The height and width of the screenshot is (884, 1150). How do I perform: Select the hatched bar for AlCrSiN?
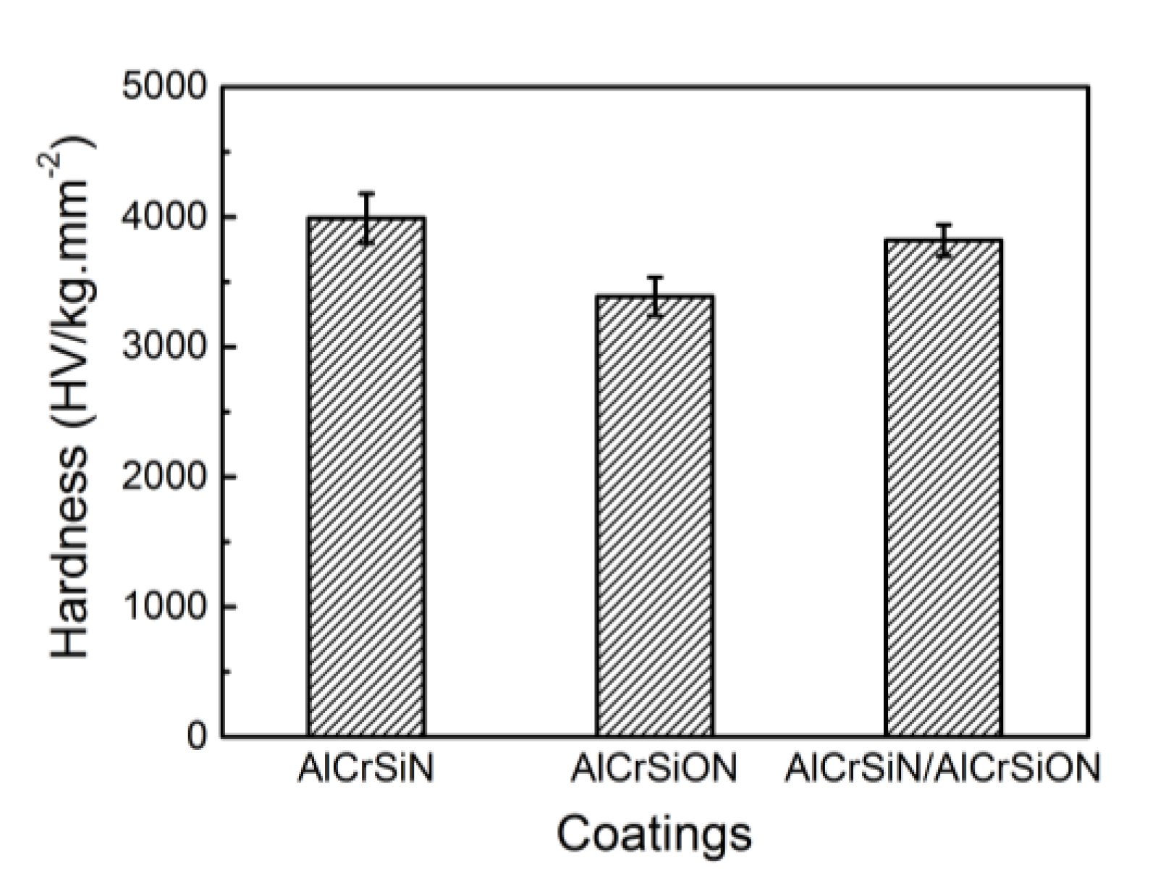366,478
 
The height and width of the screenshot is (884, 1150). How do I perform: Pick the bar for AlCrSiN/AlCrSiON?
943,489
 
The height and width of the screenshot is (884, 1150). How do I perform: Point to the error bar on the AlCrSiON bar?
654,296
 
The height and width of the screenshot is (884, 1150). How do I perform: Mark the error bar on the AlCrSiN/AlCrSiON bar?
943,240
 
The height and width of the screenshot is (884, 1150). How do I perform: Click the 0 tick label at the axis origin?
198,737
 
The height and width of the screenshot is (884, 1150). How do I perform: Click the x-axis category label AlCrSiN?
366,770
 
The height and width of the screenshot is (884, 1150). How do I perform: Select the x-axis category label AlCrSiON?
654,770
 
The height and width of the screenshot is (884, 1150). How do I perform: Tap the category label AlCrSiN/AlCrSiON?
942,770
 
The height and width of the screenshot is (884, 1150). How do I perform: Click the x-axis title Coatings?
654,835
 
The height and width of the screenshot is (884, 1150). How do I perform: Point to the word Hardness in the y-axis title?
70,550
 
